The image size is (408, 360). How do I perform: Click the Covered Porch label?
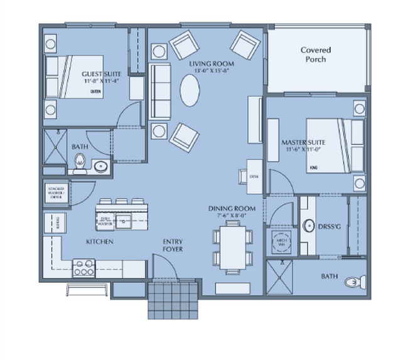(x=315, y=55)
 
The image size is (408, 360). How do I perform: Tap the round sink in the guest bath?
(x=100, y=166)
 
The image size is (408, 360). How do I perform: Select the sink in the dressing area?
(x=309, y=225)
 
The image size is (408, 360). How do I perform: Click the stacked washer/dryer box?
(x=54, y=192)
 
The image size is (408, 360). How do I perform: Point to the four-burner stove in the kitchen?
(x=83, y=268)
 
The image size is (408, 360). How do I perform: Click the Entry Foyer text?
(x=173, y=245)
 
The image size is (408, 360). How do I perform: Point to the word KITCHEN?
(x=99, y=241)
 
